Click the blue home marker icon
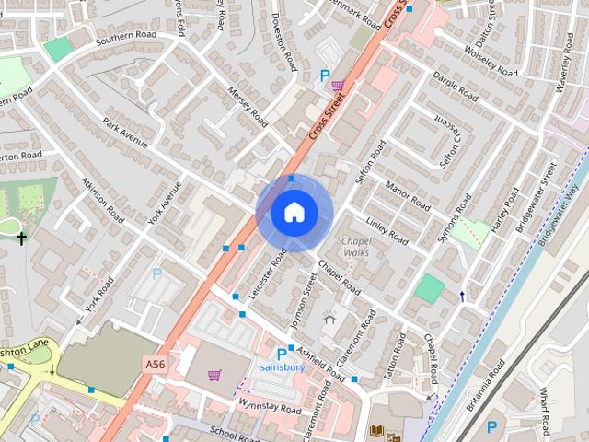pos(293,212)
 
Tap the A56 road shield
pos(156,366)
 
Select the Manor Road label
pos(408,194)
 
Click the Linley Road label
pos(387,230)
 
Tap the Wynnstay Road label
pos(266,406)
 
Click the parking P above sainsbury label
pos(282,354)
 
